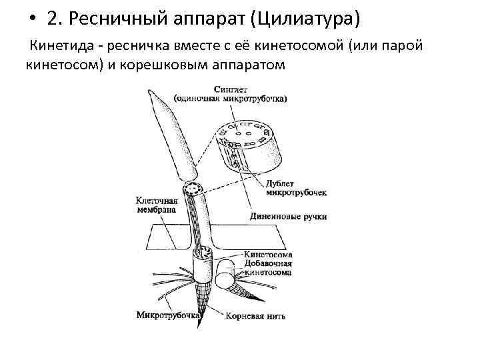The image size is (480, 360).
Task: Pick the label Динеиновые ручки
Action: pos(289,217)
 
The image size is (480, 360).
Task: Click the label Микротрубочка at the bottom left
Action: pos(167,314)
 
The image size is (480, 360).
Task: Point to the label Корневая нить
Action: pos(255,316)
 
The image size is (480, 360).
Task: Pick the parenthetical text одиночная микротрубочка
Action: pos(230,99)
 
